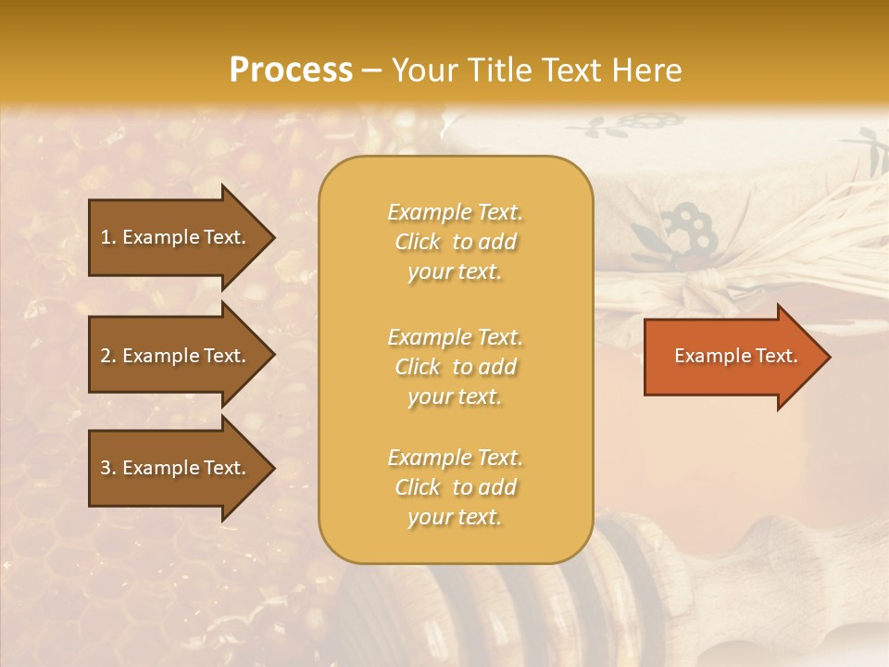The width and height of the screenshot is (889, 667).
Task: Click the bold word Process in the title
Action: pyautogui.click(x=291, y=70)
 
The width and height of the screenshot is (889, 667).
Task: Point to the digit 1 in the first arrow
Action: pyautogui.click(x=106, y=237)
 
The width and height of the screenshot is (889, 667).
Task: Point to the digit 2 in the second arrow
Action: pyautogui.click(x=106, y=356)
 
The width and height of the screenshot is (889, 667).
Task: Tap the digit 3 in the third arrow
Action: pyautogui.click(x=106, y=468)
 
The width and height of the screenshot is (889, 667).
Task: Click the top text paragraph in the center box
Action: pyautogui.click(x=456, y=242)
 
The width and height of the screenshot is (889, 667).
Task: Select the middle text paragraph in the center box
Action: pyautogui.click(x=456, y=367)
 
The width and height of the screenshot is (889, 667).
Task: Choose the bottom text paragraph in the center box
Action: pyautogui.click(x=456, y=487)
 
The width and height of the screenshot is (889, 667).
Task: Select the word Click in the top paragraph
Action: pyautogui.click(x=418, y=242)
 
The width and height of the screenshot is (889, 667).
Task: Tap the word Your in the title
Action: pyautogui.click(x=420, y=70)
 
